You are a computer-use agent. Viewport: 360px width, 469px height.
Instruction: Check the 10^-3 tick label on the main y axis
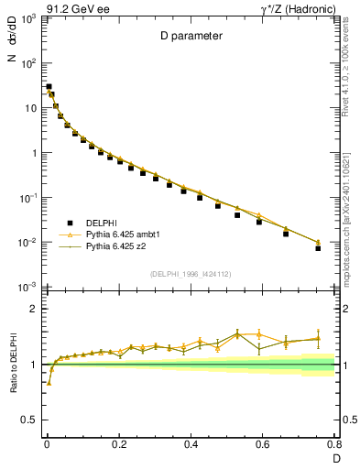click(27, 287)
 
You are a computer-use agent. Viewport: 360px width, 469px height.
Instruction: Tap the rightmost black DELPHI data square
click(318, 247)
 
